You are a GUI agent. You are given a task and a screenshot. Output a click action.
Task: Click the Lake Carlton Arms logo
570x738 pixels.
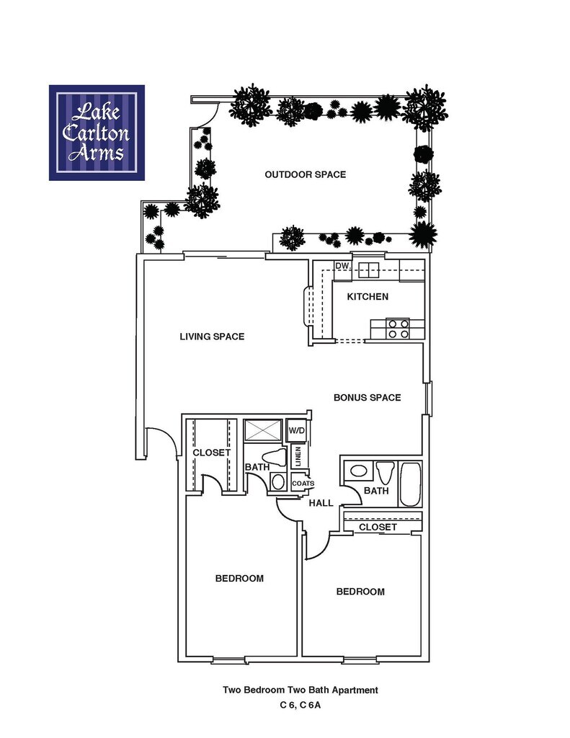[x=97, y=133]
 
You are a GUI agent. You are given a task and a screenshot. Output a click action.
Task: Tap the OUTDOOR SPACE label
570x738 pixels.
[x=305, y=174]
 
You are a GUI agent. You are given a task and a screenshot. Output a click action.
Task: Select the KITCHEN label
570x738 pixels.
[x=368, y=297]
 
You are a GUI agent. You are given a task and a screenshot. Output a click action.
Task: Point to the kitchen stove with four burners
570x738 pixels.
[x=398, y=329]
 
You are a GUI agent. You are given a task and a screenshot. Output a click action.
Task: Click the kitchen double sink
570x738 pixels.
[x=369, y=270]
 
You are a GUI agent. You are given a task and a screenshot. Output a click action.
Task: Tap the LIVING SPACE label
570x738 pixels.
[x=212, y=337]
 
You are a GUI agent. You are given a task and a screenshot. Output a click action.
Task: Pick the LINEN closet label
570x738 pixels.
[x=298, y=456]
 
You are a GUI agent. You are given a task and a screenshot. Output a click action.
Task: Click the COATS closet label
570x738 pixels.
[x=302, y=484]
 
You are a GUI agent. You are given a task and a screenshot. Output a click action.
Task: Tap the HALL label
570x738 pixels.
[x=321, y=503]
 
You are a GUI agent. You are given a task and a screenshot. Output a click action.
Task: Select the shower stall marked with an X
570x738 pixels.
[x=263, y=432]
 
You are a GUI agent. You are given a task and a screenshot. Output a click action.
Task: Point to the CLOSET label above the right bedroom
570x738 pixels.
[x=378, y=528]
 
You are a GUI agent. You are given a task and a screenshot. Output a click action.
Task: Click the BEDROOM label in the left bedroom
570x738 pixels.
[x=239, y=578]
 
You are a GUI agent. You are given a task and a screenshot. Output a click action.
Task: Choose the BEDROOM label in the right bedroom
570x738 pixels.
[x=360, y=592]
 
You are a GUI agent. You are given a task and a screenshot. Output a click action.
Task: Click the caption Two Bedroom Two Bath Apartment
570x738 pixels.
[x=300, y=690]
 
